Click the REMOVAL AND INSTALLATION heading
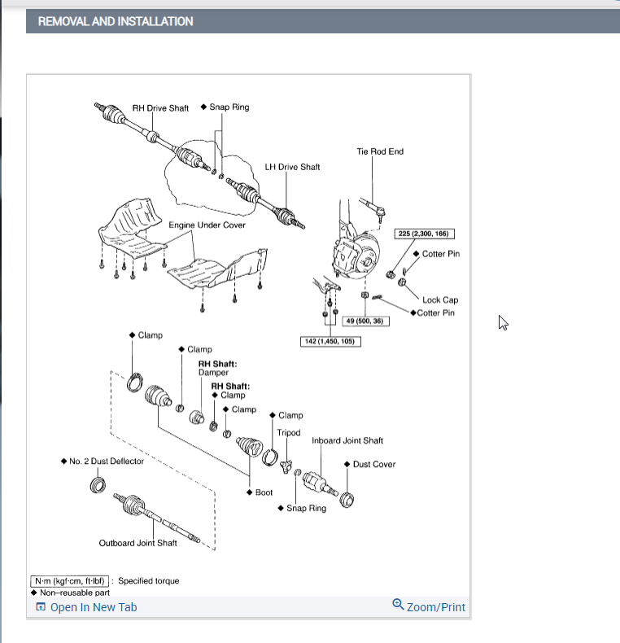click(116, 21)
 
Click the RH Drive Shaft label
click(160, 108)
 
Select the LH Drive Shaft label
click(292, 167)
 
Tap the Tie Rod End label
click(379, 151)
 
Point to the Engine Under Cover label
click(207, 225)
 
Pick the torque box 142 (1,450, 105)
click(330, 341)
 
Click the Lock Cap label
click(439, 300)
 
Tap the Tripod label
click(288, 433)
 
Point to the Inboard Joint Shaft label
click(347, 440)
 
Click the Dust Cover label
click(373, 464)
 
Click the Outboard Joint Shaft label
click(138, 543)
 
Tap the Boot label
click(264, 492)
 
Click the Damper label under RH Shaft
click(214, 372)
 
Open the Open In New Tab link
click(93, 607)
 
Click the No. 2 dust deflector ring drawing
click(98, 486)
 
